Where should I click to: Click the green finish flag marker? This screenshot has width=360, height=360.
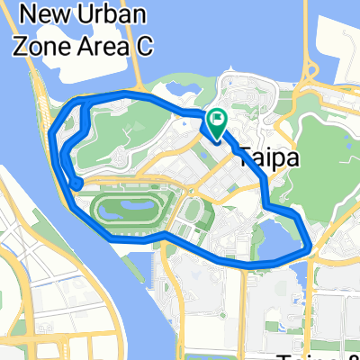click(218, 121)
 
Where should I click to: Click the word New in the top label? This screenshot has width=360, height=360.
click(50, 14)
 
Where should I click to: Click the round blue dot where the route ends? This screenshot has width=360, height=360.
click(76, 184)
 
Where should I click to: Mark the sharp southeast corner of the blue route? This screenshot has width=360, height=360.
click(310, 244)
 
